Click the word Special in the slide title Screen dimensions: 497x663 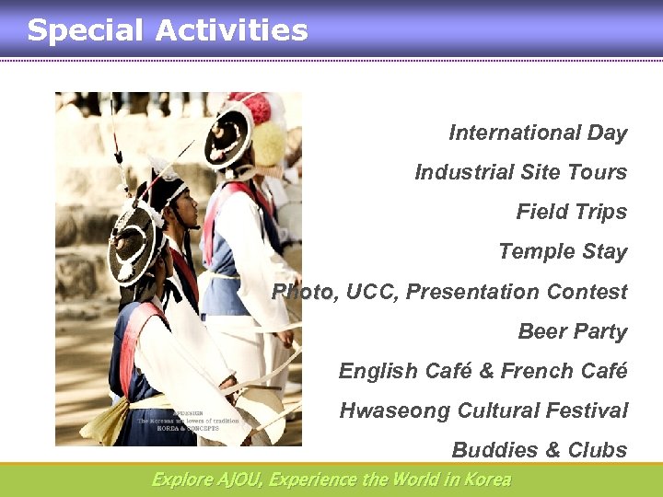(x=85, y=30)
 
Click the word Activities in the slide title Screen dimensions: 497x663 (x=231, y=30)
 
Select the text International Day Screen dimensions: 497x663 (x=538, y=133)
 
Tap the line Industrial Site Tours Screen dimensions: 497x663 (x=520, y=172)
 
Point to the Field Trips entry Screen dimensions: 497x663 (x=571, y=212)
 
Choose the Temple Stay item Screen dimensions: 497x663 (x=562, y=251)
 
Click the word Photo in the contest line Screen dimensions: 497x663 (x=303, y=292)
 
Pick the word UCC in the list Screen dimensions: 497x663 (x=372, y=292)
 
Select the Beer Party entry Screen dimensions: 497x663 (x=572, y=331)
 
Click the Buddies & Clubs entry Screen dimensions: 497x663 (x=539, y=450)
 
